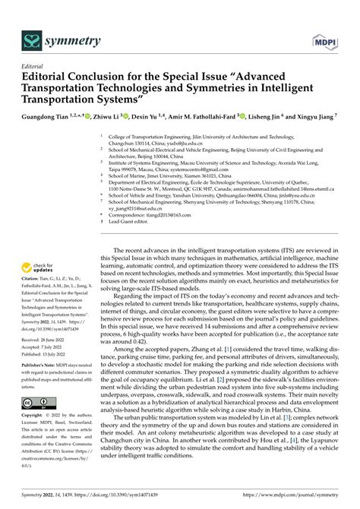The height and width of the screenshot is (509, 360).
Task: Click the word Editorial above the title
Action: point(36,66)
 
